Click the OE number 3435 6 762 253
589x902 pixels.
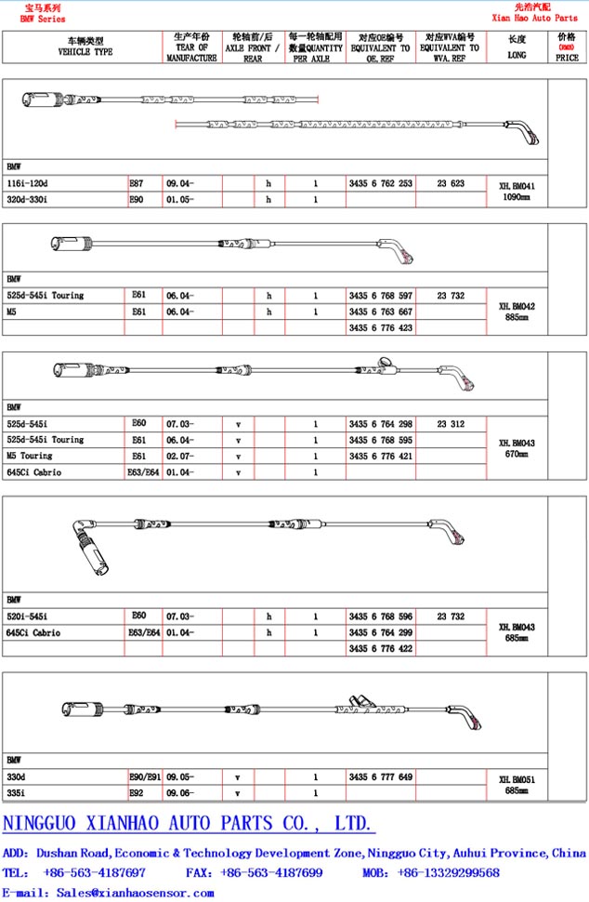(x=380, y=183)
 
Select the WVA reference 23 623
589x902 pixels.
(x=451, y=183)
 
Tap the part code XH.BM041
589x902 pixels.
(x=517, y=186)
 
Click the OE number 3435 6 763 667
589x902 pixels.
(x=380, y=312)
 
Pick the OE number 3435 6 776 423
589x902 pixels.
(x=380, y=327)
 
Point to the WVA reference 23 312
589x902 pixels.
(x=451, y=423)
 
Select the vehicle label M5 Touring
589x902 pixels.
(x=30, y=456)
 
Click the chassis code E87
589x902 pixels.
(x=137, y=183)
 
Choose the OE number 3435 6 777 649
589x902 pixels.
(x=380, y=776)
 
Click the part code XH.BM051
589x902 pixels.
(x=517, y=779)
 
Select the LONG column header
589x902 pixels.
(x=517, y=46)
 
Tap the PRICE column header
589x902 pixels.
(x=567, y=47)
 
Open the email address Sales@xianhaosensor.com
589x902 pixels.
(x=135, y=893)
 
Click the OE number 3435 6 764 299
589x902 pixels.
(x=380, y=632)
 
